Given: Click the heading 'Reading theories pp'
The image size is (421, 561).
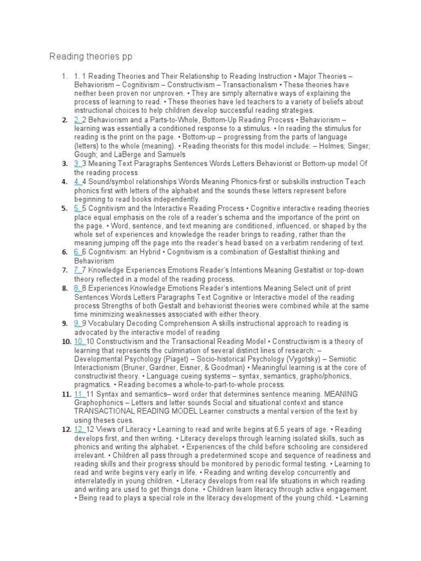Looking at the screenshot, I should point(91,57).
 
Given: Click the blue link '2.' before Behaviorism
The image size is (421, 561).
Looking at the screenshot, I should point(78,120).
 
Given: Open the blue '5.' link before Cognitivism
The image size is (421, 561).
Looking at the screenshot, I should point(78,208).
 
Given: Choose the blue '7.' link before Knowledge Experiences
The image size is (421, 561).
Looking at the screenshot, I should point(78,270).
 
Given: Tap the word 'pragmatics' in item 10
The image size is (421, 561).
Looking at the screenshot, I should point(95,385).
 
